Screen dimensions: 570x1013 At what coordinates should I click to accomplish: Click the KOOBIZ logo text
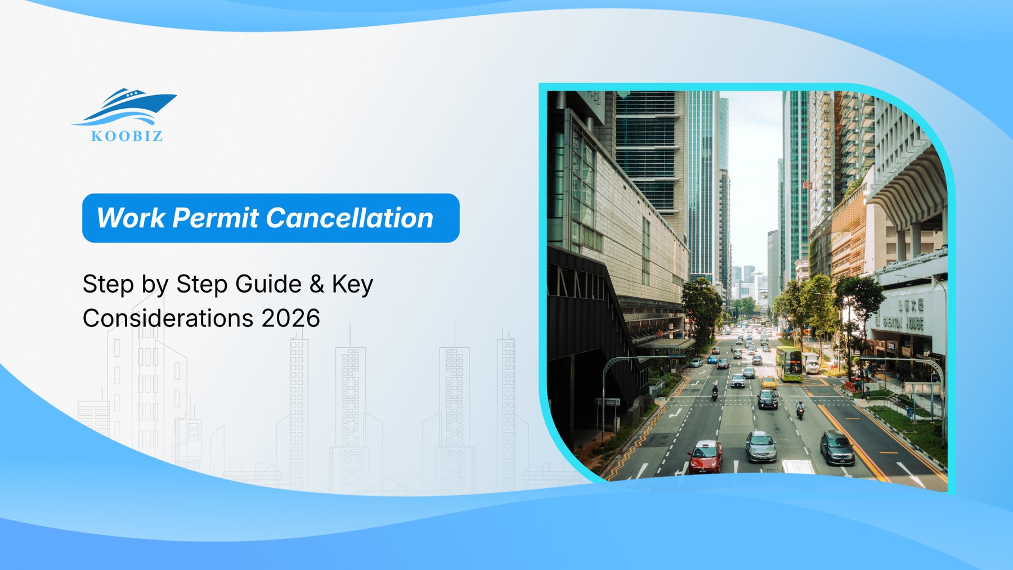(x=127, y=136)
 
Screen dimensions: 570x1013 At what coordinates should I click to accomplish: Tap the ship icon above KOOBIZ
(x=127, y=106)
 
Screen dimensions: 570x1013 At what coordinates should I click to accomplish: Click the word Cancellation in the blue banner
(x=349, y=218)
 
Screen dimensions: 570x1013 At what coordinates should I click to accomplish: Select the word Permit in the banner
(x=215, y=218)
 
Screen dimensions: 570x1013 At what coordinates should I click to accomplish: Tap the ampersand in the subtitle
(x=317, y=284)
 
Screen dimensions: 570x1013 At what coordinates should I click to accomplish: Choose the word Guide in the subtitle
(x=268, y=284)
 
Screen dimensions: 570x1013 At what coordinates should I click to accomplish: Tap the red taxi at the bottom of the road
(x=705, y=456)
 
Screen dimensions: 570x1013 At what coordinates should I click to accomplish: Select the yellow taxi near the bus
(x=768, y=383)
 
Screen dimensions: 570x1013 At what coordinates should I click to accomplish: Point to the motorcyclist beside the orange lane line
(x=800, y=411)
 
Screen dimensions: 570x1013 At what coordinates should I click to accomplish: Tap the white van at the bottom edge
(x=797, y=467)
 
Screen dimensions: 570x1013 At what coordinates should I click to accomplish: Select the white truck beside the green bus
(x=812, y=364)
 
